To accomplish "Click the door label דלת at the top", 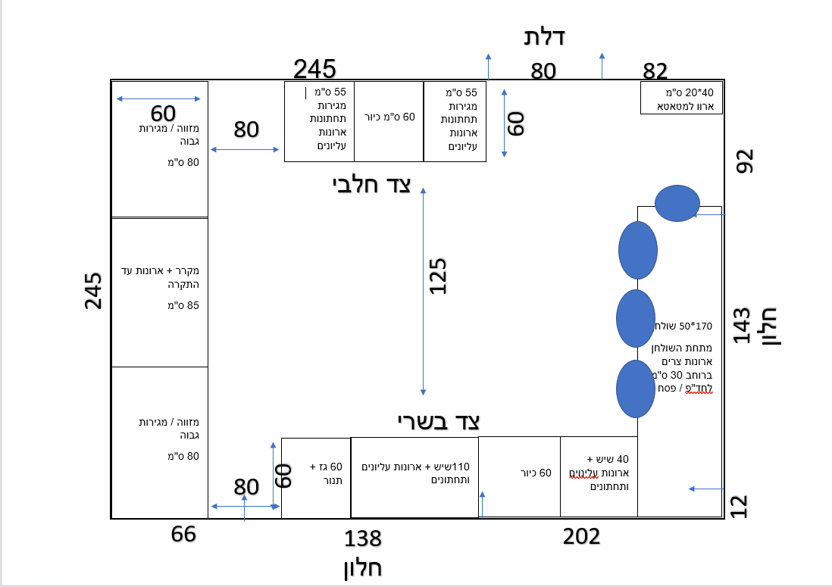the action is click(x=544, y=37).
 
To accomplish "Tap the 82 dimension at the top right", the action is click(x=655, y=70).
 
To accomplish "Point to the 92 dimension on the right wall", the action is click(x=744, y=161).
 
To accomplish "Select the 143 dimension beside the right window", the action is click(x=742, y=325).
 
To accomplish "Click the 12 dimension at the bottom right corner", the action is click(x=739, y=507).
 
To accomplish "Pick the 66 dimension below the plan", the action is click(x=183, y=534).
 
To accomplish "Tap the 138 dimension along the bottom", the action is click(x=363, y=539).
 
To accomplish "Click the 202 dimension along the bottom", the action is click(x=581, y=536).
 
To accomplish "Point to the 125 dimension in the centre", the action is click(x=438, y=276).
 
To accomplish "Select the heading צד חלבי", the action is click(x=371, y=185).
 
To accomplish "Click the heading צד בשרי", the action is click(x=439, y=422).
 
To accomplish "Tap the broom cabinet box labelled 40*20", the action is click(x=681, y=98).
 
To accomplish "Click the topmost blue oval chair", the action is click(x=677, y=203).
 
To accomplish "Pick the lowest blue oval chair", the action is click(x=636, y=389).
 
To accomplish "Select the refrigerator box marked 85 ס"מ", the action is click(x=160, y=292).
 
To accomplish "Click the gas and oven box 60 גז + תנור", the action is click(x=316, y=478).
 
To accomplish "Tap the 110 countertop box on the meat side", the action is click(x=414, y=477).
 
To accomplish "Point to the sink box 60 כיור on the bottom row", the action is click(x=520, y=476).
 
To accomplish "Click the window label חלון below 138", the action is click(x=363, y=568).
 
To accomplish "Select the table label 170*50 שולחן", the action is click(x=683, y=326).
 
